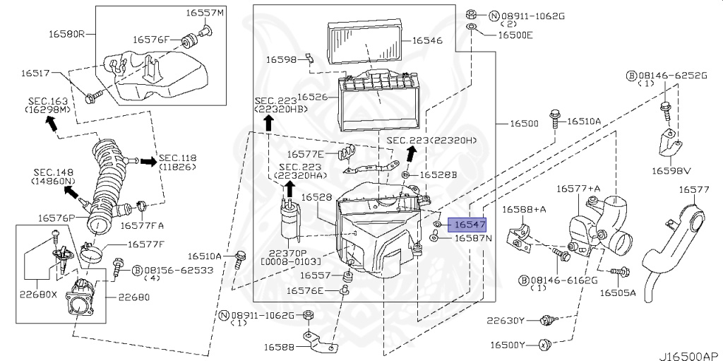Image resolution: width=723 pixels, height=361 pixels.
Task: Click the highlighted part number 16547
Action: coord(470,225)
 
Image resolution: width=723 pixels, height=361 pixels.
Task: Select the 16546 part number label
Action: coord(427,40)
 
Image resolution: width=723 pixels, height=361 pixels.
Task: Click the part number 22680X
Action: coord(40,293)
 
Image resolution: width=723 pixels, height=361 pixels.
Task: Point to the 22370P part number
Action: coord(287,252)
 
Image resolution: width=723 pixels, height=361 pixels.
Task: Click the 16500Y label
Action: coord(506,345)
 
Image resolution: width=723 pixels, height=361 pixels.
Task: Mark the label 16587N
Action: coord(473,239)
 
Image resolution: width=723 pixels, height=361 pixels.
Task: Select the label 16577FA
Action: coord(142,226)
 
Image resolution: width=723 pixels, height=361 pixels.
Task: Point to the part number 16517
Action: coord(35,73)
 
